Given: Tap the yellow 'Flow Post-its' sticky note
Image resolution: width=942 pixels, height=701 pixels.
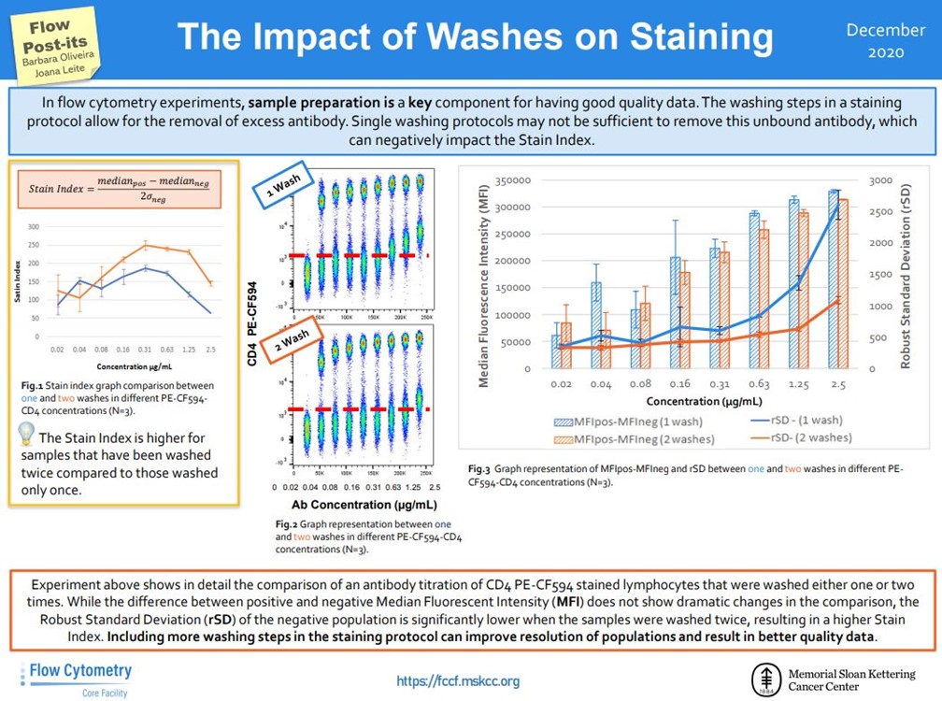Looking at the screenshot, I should click(x=58, y=43).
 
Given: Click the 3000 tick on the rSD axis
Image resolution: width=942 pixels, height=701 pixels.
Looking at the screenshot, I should click(x=879, y=180).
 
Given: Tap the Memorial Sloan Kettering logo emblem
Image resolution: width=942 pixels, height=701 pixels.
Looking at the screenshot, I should click(x=767, y=678).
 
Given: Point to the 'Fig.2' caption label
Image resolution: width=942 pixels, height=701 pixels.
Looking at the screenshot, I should click(x=286, y=525).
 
